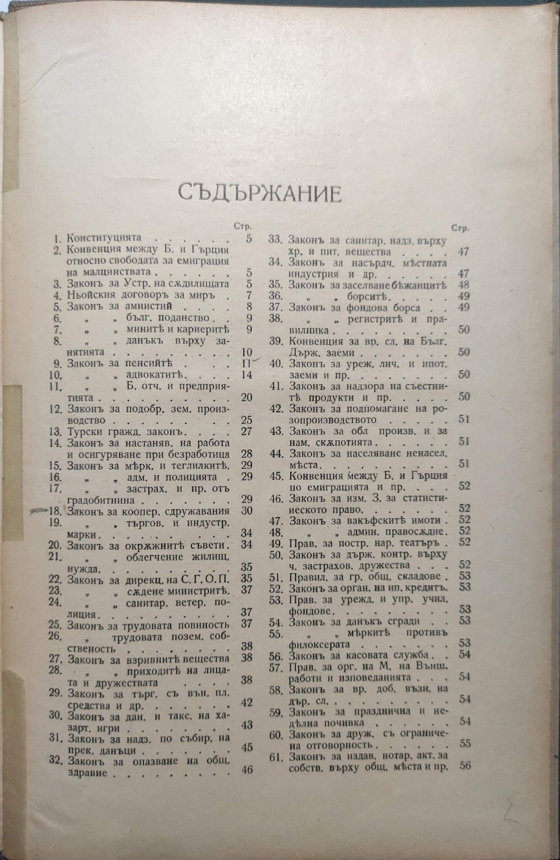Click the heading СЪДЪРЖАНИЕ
260,193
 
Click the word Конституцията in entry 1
104,238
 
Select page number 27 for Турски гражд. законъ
246,431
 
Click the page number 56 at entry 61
465,765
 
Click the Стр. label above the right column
460,228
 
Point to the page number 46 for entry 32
247,770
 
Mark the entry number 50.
275,554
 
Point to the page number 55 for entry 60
465,743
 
